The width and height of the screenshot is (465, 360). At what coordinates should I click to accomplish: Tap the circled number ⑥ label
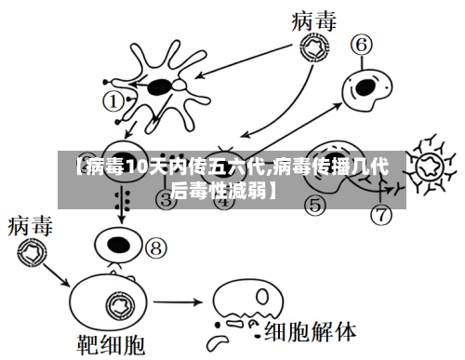pos(362,44)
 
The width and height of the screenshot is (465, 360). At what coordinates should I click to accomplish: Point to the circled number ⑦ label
pos(382,215)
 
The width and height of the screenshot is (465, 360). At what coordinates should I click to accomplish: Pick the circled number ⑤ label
pos(315,204)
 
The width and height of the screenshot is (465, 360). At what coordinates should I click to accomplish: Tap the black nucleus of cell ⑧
pos(118,245)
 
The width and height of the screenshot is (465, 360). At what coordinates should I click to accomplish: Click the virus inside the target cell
pos(118,304)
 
